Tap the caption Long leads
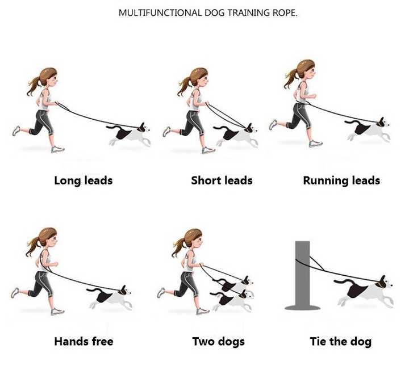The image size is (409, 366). [84, 180]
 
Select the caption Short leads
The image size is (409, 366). [222, 180]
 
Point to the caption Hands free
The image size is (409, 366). [84, 341]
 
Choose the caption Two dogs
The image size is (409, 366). [219, 342]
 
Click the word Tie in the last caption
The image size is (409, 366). [318, 341]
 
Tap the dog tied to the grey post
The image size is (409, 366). [364, 292]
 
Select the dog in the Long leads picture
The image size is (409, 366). [129, 134]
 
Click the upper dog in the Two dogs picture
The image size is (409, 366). [233, 284]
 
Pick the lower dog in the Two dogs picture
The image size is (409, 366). [232, 299]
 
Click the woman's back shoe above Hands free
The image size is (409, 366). [15, 293]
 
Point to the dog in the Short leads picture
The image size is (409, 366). [236, 135]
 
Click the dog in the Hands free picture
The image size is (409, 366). [110, 297]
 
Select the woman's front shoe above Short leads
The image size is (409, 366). [208, 150]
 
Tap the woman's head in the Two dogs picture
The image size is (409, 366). [194, 238]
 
